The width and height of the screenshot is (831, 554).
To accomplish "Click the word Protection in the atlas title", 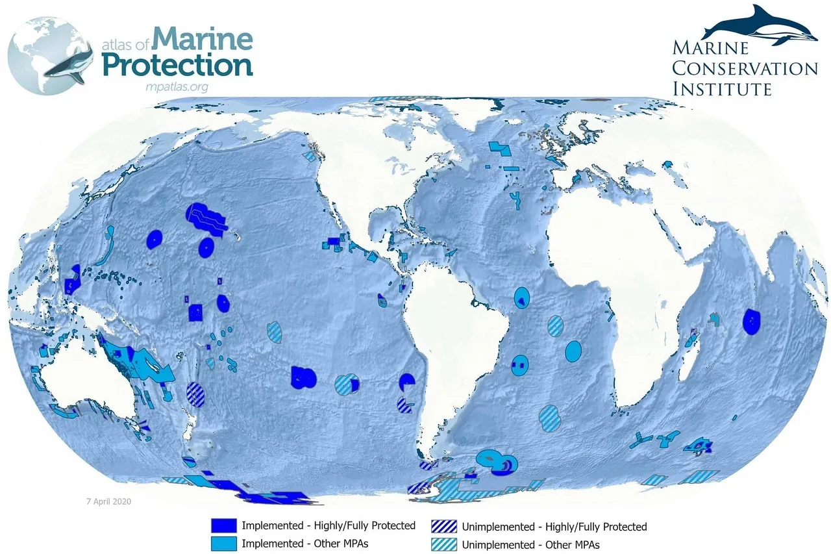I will (178, 66).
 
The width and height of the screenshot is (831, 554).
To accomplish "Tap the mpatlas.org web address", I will (177, 86).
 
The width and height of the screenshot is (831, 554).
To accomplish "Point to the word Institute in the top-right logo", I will (721, 88).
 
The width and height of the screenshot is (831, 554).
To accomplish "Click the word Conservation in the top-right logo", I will (745, 68).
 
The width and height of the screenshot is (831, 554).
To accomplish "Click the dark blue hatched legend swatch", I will (443, 526).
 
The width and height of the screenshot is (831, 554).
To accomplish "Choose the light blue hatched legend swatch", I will (443, 544).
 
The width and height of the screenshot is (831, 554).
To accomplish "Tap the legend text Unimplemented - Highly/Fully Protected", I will (554, 527).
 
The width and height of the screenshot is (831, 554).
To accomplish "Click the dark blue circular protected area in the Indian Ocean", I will (752, 321).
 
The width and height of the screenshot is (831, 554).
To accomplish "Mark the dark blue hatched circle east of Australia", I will (195, 394).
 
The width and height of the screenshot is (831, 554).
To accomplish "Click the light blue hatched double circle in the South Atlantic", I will (549, 418).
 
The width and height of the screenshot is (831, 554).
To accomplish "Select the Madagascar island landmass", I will (691, 351).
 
